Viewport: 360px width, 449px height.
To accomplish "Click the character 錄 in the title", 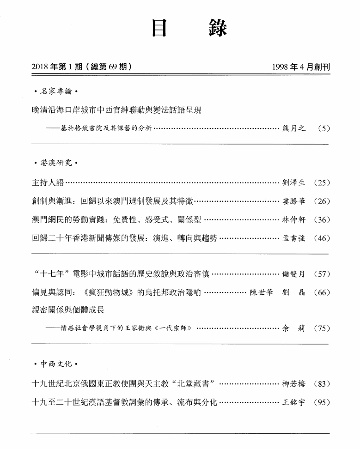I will [218, 29].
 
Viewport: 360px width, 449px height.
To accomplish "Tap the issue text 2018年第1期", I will [56, 67].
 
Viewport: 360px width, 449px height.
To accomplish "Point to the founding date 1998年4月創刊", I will [301, 67].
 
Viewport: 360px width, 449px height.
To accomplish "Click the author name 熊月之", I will [294, 128].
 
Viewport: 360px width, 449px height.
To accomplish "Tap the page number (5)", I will [324, 128].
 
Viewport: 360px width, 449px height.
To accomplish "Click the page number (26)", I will [322, 201].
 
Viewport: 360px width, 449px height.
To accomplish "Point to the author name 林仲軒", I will [293, 220].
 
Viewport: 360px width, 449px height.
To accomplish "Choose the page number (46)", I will [322, 238].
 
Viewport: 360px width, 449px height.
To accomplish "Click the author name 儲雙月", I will [293, 274].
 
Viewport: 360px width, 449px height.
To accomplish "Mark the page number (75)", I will [322, 328].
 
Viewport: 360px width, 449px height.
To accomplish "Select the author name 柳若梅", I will [293, 383].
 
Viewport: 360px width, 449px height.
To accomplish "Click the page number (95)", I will [322, 402].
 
